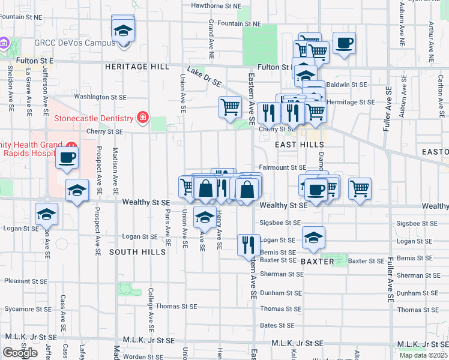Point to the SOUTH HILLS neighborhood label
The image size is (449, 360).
(137, 252)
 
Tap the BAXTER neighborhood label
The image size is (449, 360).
(317, 262)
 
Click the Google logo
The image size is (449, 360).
(19, 353)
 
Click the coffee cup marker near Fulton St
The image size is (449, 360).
(344, 43)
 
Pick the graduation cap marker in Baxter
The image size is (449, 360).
(313, 238)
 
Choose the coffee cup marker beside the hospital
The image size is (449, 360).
(67, 158)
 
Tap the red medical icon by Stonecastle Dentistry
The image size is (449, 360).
(142, 118)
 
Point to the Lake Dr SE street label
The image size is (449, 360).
(204, 76)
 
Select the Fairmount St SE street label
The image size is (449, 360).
(283, 168)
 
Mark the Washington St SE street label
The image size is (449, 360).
(100, 96)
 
